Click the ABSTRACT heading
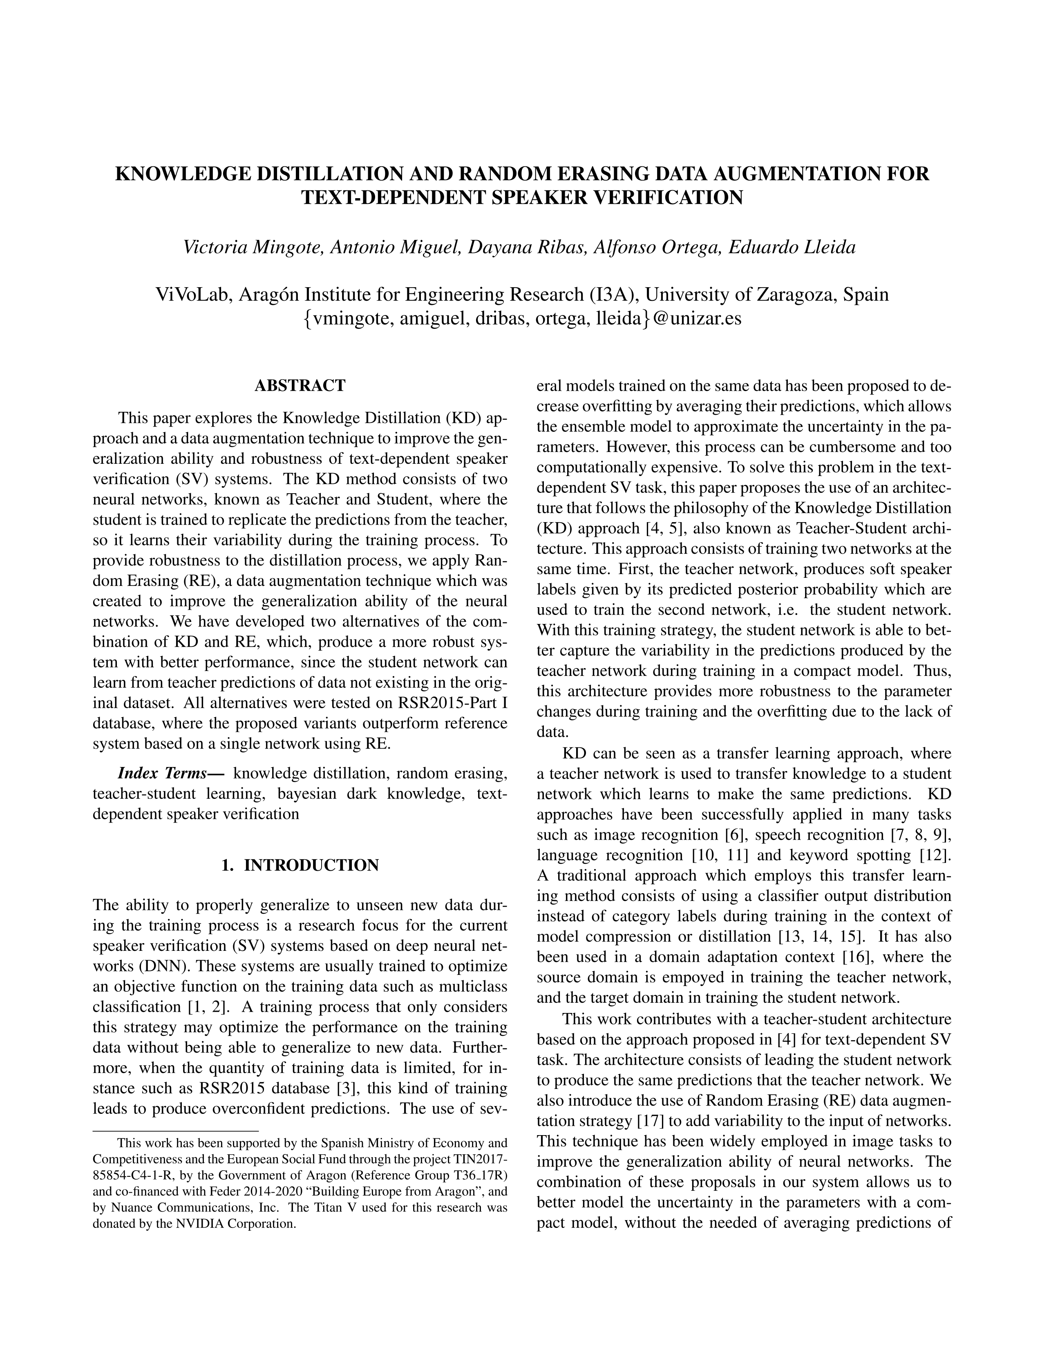tap(300, 386)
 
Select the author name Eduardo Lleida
tap(792, 248)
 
